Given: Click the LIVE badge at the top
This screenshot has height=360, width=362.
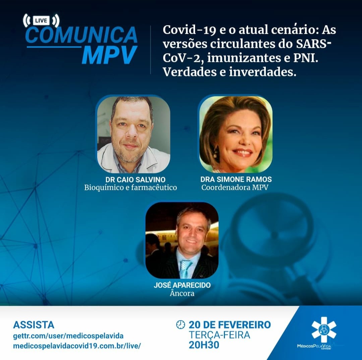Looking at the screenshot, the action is click(x=41, y=20).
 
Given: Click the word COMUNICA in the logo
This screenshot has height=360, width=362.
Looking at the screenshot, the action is click(x=81, y=35).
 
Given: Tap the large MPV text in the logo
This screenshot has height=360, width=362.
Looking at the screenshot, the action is click(x=110, y=55).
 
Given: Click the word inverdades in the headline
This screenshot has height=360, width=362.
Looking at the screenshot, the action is click(x=262, y=72).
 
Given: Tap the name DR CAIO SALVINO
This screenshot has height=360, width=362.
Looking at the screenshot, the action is click(x=135, y=179).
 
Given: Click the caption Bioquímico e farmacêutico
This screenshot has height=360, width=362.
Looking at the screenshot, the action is click(x=130, y=188).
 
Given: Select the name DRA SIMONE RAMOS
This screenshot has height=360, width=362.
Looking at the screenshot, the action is click(x=236, y=179).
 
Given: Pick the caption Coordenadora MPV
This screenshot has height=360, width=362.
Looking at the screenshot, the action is click(x=235, y=187).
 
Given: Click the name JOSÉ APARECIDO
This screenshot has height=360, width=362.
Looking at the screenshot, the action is click(x=182, y=285).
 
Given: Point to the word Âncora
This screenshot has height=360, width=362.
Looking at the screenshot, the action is click(x=182, y=293).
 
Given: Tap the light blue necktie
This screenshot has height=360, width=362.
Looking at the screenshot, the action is click(x=186, y=269).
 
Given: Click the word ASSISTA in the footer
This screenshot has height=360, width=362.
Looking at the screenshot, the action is click(x=34, y=325).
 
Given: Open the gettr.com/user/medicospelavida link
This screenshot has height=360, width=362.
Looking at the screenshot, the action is click(x=68, y=336).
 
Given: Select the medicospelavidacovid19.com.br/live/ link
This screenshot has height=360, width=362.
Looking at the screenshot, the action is click(x=77, y=346).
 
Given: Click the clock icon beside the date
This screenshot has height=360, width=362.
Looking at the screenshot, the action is click(x=181, y=324).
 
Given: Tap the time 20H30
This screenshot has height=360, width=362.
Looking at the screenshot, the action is click(x=204, y=345).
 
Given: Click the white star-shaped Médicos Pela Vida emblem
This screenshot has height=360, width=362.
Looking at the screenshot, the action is click(x=324, y=330).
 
